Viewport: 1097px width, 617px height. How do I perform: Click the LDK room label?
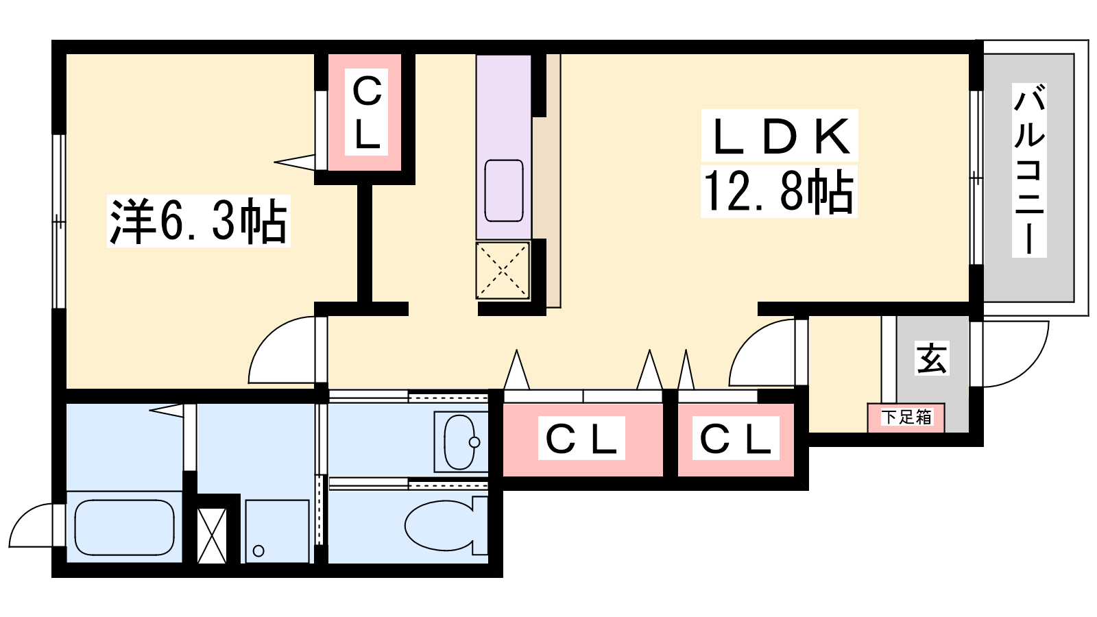(x=780, y=136)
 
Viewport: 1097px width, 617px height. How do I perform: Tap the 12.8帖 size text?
(x=779, y=192)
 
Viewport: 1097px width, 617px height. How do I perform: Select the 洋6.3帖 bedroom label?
(x=198, y=221)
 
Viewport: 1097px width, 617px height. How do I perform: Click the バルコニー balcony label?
(x=1028, y=170)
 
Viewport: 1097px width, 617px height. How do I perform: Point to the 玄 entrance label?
(x=932, y=358)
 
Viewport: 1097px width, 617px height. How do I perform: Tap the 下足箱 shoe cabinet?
(x=906, y=418)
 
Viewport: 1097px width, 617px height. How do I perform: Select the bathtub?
(x=124, y=527)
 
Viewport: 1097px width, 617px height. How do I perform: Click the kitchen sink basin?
(x=504, y=191)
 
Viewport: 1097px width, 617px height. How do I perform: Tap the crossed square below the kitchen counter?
(x=503, y=270)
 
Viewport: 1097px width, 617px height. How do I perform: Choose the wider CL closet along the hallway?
(x=582, y=439)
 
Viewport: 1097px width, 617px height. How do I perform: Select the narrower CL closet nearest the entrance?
(x=735, y=439)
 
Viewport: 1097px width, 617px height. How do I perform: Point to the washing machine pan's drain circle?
(x=258, y=551)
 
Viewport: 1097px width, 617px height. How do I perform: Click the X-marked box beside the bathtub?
(x=211, y=535)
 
